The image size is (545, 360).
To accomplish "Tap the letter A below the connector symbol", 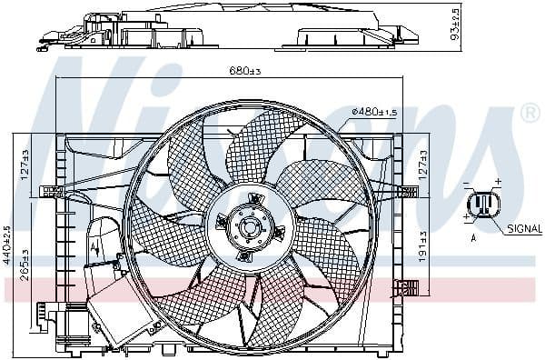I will click(474, 237).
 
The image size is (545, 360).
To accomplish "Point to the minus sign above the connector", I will click(467, 185).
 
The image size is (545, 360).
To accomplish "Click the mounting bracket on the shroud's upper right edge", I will click(407, 189).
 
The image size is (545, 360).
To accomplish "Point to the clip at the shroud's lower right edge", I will click(406, 290).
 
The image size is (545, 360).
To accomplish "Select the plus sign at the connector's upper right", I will click(498, 183).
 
